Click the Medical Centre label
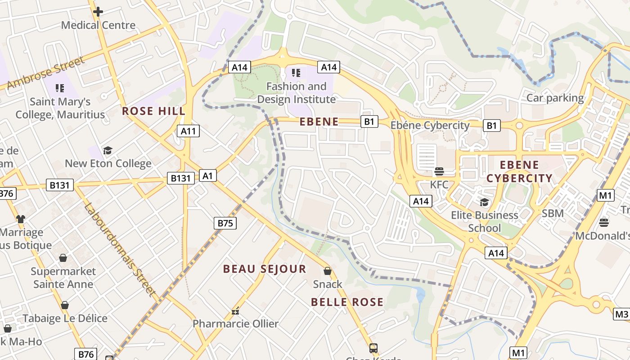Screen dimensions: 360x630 click(x=98, y=25)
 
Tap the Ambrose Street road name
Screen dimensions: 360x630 click(x=45, y=73)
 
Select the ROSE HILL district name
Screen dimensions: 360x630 click(x=153, y=111)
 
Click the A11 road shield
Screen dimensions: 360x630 click(x=188, y=131)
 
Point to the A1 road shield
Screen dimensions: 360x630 click(x=207, y=175)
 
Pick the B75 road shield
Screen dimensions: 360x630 click(x=225, y=223)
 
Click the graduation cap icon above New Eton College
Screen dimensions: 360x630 click(x=108, y=150)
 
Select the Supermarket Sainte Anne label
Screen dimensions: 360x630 click(x=63, y=278)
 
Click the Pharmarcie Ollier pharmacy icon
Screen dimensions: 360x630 click(x=235, y=311)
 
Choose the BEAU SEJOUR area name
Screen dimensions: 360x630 click(x=265, y=269)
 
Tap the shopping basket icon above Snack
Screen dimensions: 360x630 click(x=328, y=271)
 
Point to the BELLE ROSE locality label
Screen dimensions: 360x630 click(x=347, y=302)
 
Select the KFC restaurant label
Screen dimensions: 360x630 click(x=439, y=184)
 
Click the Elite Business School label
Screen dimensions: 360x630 click(x=485, y=221)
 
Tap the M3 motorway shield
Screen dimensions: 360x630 click(x=621, y=314)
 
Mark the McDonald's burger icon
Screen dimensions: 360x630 click(x=604, y=222)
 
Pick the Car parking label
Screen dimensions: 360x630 click(x=555, y=98)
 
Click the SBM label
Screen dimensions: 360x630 click(x=553, y=213)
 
